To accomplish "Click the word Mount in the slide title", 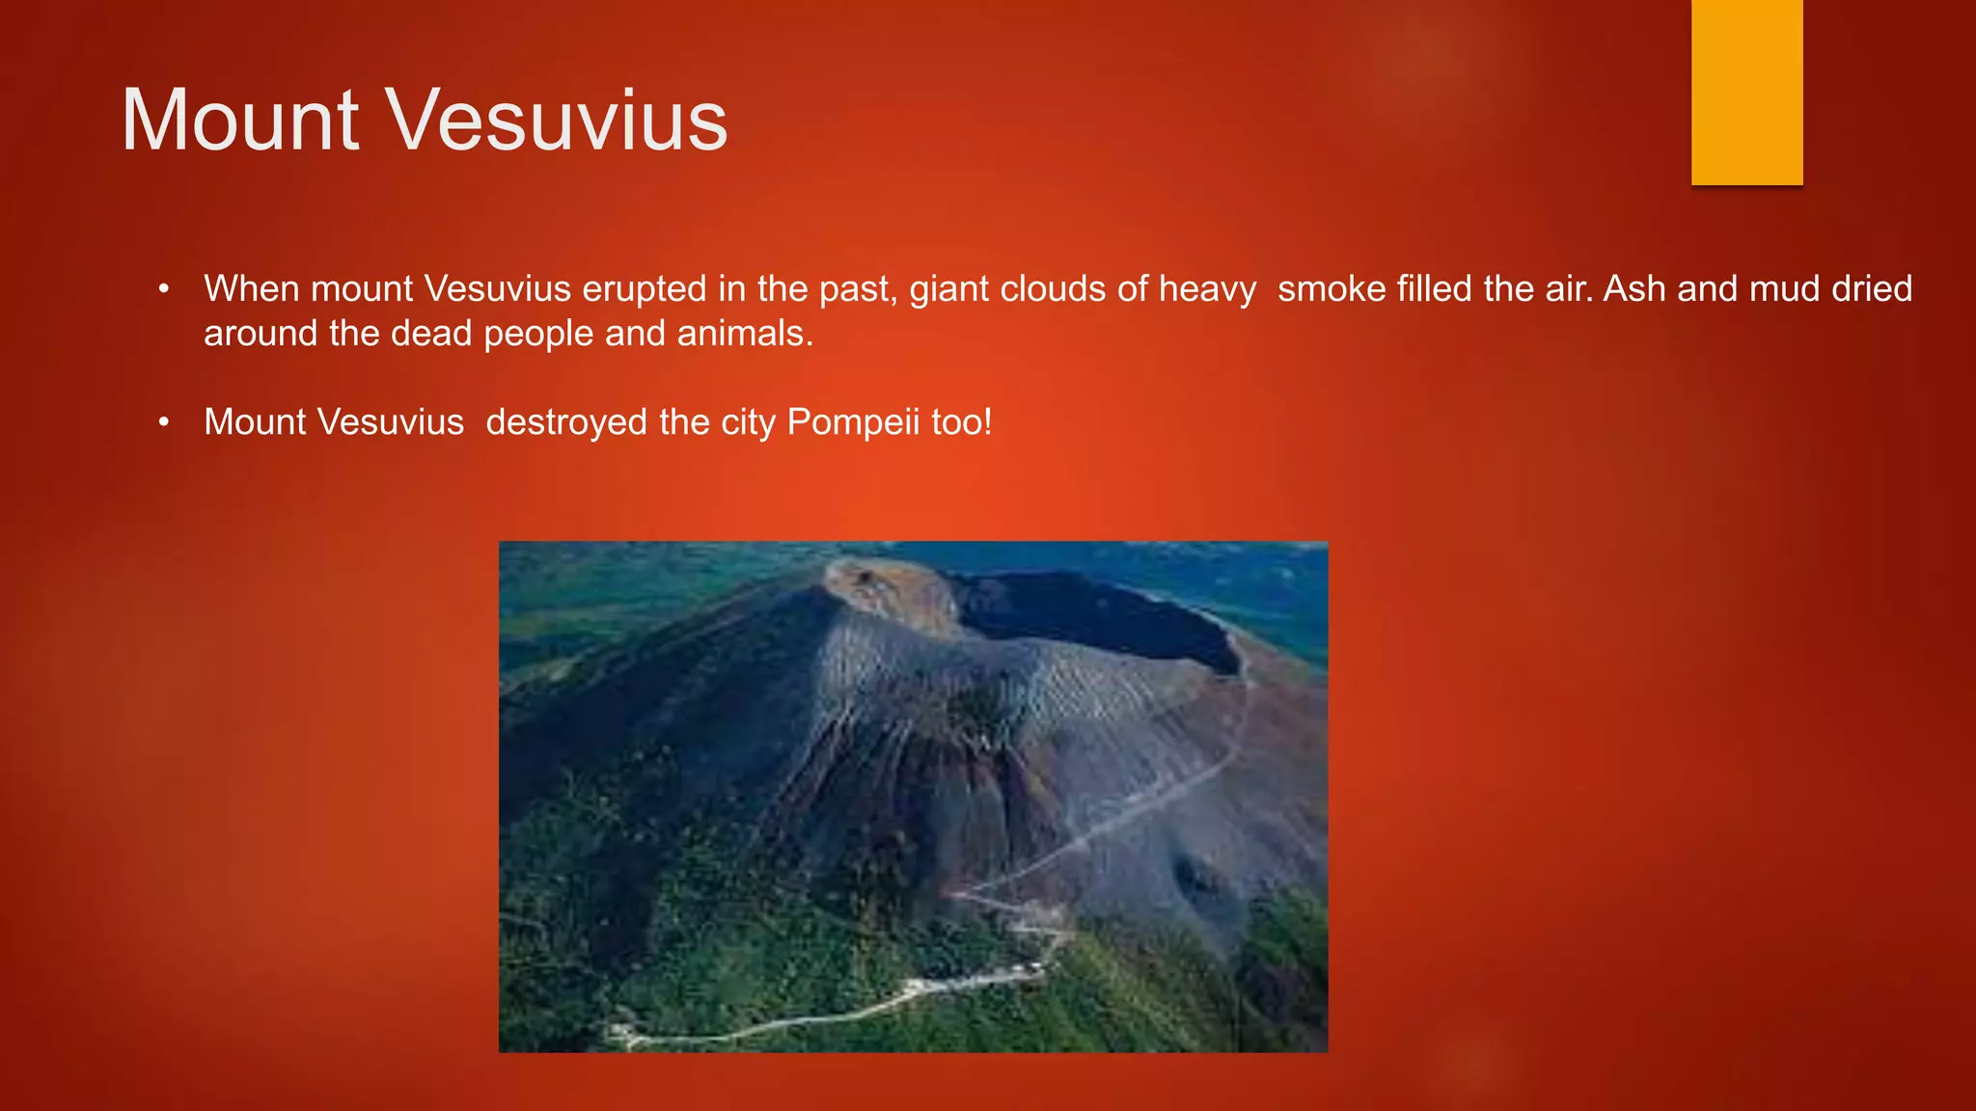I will (x=240, y=121).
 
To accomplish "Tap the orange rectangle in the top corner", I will (x=1746, y=92).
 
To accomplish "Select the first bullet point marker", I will (x=164, y=289).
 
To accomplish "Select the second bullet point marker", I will (x=164, y=422).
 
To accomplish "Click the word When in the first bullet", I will (x=252, y=289).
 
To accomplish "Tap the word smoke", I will (x=1331, y=289).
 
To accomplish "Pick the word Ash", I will (x=1634, y=289).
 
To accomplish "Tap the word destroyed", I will (x=567, y=423).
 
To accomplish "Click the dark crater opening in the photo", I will (x=1100, y=617).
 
